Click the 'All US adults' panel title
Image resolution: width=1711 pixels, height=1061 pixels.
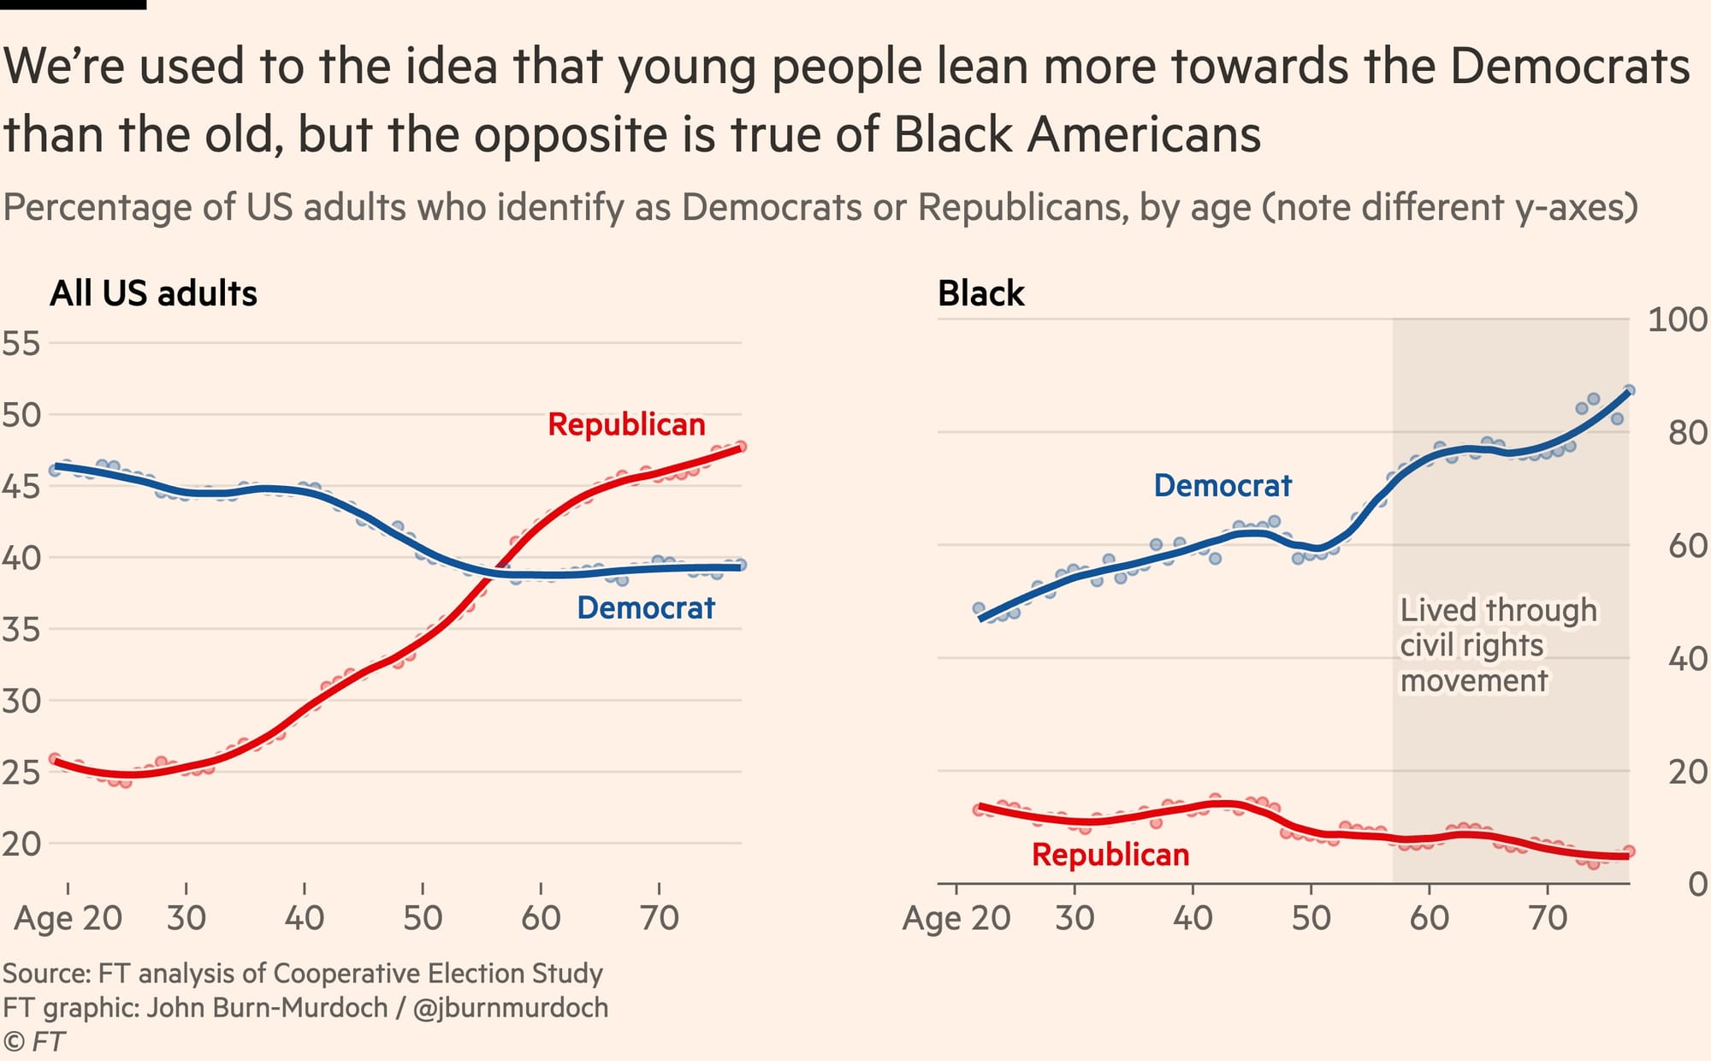point(154,293)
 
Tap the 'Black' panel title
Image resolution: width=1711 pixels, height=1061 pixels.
point(980,293)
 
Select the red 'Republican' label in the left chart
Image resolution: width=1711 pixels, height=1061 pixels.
point(626,424)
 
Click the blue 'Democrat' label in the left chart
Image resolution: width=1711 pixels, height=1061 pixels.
point(646,608)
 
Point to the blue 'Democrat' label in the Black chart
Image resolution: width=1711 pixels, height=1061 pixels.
point(1223,485)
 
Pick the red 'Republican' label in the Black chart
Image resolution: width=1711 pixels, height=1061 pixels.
point(1110,854)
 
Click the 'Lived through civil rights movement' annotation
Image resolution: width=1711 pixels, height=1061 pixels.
point(1497,645)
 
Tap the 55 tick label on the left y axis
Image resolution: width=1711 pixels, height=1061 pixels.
point(21,343)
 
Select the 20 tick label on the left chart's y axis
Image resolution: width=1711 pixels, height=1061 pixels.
point(21,844)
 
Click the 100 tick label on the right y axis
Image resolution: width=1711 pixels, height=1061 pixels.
point(1678,320)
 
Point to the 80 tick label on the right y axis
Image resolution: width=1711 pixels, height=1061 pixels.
point(1688,433)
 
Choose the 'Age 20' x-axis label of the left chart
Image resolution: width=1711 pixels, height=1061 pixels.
point(68,918)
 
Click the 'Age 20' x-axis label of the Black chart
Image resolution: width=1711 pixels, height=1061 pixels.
point(956,918)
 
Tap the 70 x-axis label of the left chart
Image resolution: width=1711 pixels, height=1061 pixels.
point(659,918)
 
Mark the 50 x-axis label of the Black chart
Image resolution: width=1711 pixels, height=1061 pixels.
point(1311,918)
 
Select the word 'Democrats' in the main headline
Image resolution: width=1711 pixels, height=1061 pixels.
point(1570,66)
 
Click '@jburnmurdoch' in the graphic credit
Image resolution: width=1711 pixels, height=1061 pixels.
point(511,1008)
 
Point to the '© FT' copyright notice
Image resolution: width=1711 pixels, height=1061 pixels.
point(34,1041)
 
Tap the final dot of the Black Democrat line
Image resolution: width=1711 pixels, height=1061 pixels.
point(1629,390)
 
